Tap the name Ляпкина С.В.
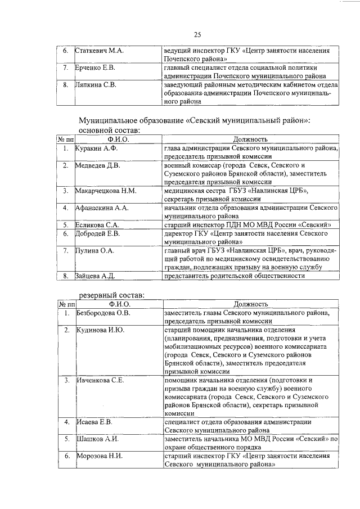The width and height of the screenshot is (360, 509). [x=96, y=85]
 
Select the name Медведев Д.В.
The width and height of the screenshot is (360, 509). [x=97, y=166]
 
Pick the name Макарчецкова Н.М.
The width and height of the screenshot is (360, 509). [x=106, y=191]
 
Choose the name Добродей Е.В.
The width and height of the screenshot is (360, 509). [x=98, y=233]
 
